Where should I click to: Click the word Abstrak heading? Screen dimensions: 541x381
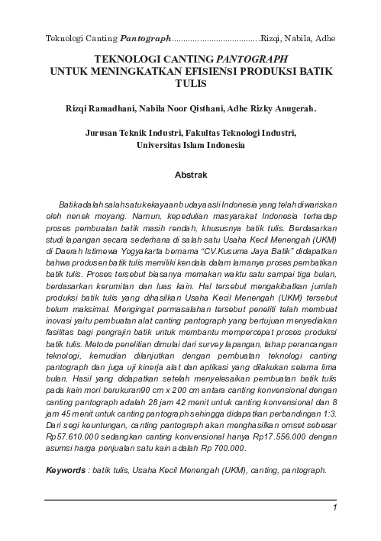click(191, 176)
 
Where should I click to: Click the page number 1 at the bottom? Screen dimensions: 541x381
click(335, 508)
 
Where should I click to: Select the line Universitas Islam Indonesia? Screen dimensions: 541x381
click(191, 143)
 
